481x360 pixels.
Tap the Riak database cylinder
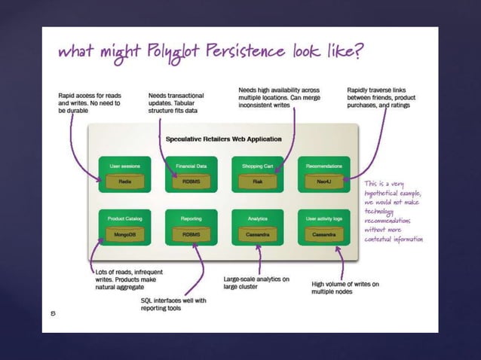coord(257,182)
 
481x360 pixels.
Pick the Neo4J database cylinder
coord(323,182)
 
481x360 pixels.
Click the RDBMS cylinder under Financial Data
coord(191,182)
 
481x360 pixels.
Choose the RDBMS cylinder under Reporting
coord(191,235)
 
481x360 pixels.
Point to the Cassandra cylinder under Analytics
coord(257,235)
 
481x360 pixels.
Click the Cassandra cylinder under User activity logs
coord(323,235)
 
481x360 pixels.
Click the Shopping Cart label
coord(257,165)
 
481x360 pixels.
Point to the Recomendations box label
coord(324,165)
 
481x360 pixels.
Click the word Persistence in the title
coord(250,53)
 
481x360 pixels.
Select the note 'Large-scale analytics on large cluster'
coord(257,282)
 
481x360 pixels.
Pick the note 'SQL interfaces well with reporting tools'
coord(173,304)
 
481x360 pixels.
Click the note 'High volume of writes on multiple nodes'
coord(345,288)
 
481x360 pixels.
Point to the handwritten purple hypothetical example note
coord(393,211)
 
